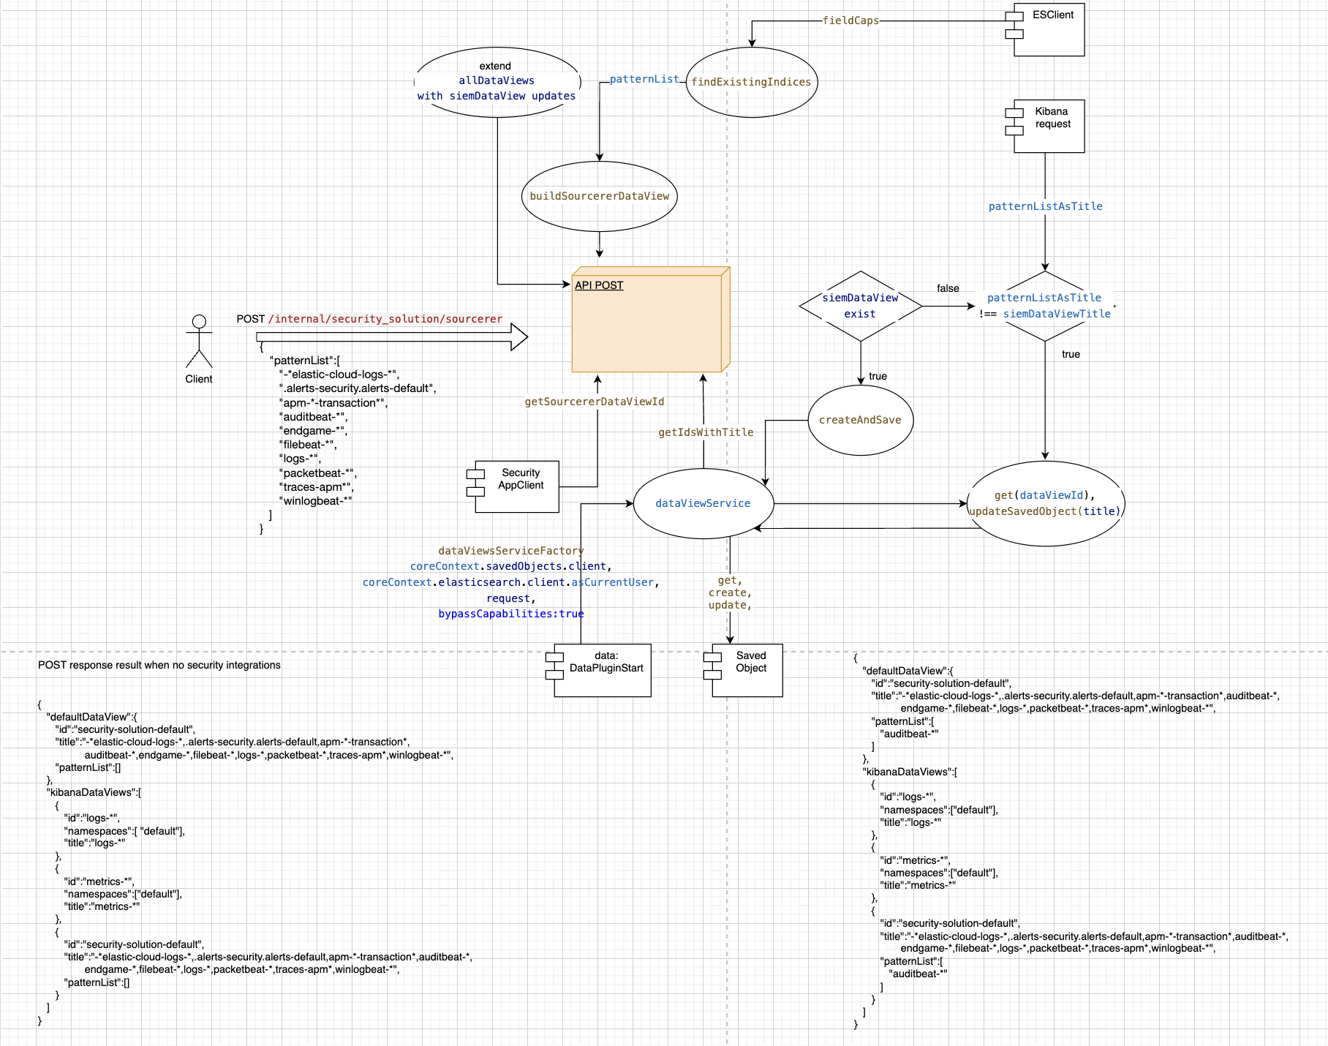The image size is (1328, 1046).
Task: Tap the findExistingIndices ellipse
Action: click(752, 83)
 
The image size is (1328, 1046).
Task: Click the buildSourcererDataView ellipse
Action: click(600, 196)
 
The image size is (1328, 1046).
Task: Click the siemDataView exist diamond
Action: click(861, 306)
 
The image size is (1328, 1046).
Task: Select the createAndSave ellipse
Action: click(861, 421)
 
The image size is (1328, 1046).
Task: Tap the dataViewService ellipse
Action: click(703, 503)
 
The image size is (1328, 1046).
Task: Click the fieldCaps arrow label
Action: click(850, 20)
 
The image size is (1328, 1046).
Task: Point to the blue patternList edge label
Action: click(644, 79)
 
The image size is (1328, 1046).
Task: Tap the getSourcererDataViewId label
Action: click(595, 402)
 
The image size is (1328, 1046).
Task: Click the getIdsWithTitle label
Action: click(706, 432)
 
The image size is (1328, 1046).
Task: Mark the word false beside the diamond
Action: click(948, 288)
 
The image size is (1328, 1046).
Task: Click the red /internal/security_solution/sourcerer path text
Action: click(385, 319)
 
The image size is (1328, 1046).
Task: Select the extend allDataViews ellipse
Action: click(497, 82)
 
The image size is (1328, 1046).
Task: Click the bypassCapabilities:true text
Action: click(510, 614)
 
